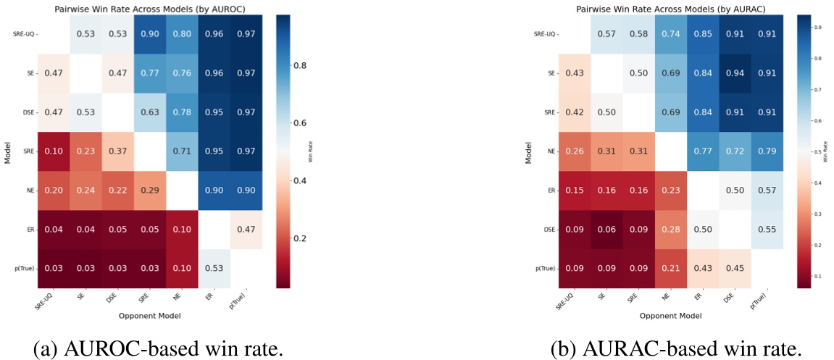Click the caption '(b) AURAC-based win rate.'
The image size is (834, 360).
pyautogui.click(x=676, y=349)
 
